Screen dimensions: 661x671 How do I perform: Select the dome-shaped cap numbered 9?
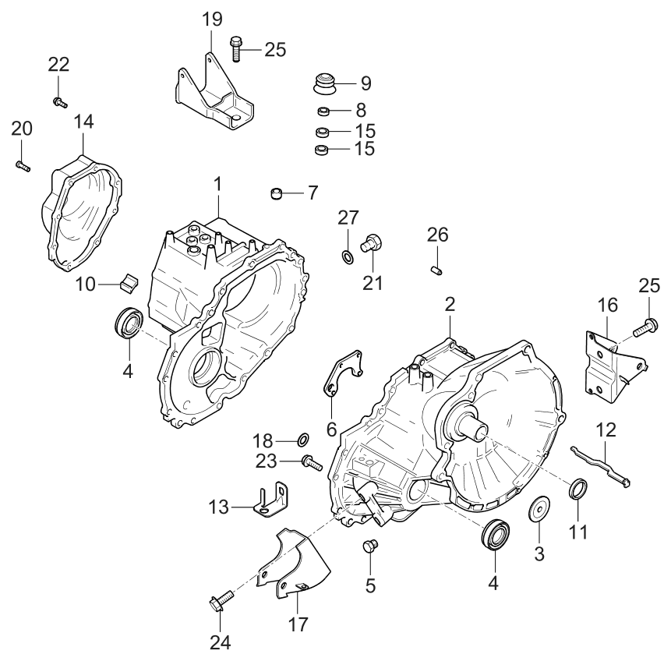[x=323, y=82]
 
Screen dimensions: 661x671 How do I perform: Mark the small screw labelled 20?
[x=22, y=165]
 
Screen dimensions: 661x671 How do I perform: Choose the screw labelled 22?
[x=59, y=101]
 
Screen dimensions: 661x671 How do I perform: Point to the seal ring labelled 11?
[x=577, y=489]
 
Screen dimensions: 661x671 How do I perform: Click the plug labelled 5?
[x=371, y=546]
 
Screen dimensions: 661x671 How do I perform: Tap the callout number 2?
[x=450, y=304]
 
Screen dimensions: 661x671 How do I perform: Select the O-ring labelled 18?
[x=303, y=439]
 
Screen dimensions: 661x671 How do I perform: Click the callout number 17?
[x=298, y=624]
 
